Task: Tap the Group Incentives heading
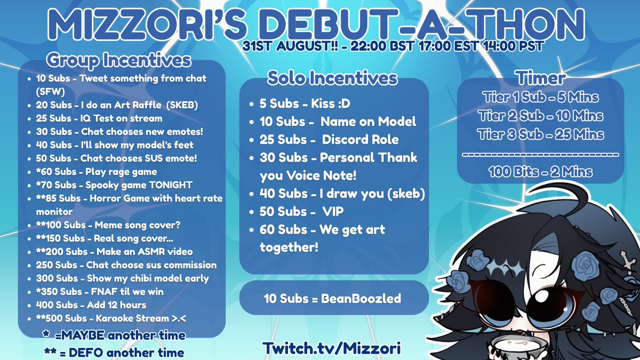[x=118, y=60]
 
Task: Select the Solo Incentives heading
[x=332, y=78]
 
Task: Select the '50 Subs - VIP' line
[x=301, y=212]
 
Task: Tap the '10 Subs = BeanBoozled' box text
[x=332, y=298]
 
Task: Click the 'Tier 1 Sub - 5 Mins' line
[x=540, y=98]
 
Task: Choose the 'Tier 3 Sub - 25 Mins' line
[x=540, y=134]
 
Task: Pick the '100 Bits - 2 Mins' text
[x=540, y=172]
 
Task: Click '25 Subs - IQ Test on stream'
[x=99, y=118]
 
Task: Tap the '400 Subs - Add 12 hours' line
[x=91, y=305]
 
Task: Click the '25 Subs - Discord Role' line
[x=329, y=140]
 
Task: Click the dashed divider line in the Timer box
[x=540, y=155]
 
